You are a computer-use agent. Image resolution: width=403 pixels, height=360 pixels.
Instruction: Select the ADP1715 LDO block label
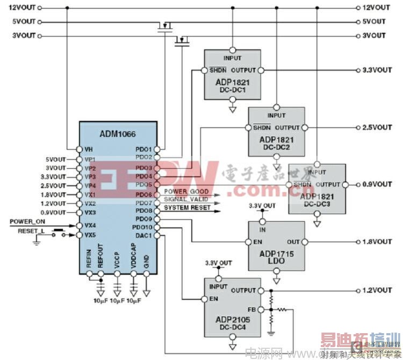[x=276, y=256]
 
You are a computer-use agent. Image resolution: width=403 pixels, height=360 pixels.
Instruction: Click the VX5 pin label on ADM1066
[x=90, y=235]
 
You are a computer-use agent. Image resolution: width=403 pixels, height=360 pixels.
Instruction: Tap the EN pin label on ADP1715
[x=257, y=242]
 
